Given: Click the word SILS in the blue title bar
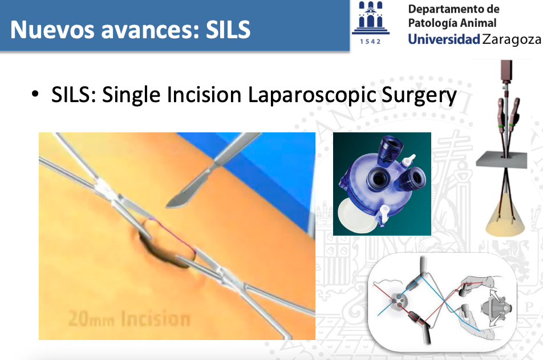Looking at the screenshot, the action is (228, 29).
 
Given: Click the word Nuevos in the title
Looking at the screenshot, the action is (52, 29).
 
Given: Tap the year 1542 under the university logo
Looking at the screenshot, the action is (370, 42).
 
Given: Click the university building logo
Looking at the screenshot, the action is (371, 18).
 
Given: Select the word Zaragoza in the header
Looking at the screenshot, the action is (512, 40).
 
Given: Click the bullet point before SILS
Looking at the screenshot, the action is (35, 94).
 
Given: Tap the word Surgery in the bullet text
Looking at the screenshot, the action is (419, 96).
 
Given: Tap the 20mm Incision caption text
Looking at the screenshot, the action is (129, 318).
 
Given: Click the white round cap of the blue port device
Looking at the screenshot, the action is (356, 216).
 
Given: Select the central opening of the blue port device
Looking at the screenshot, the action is (379, 179).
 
